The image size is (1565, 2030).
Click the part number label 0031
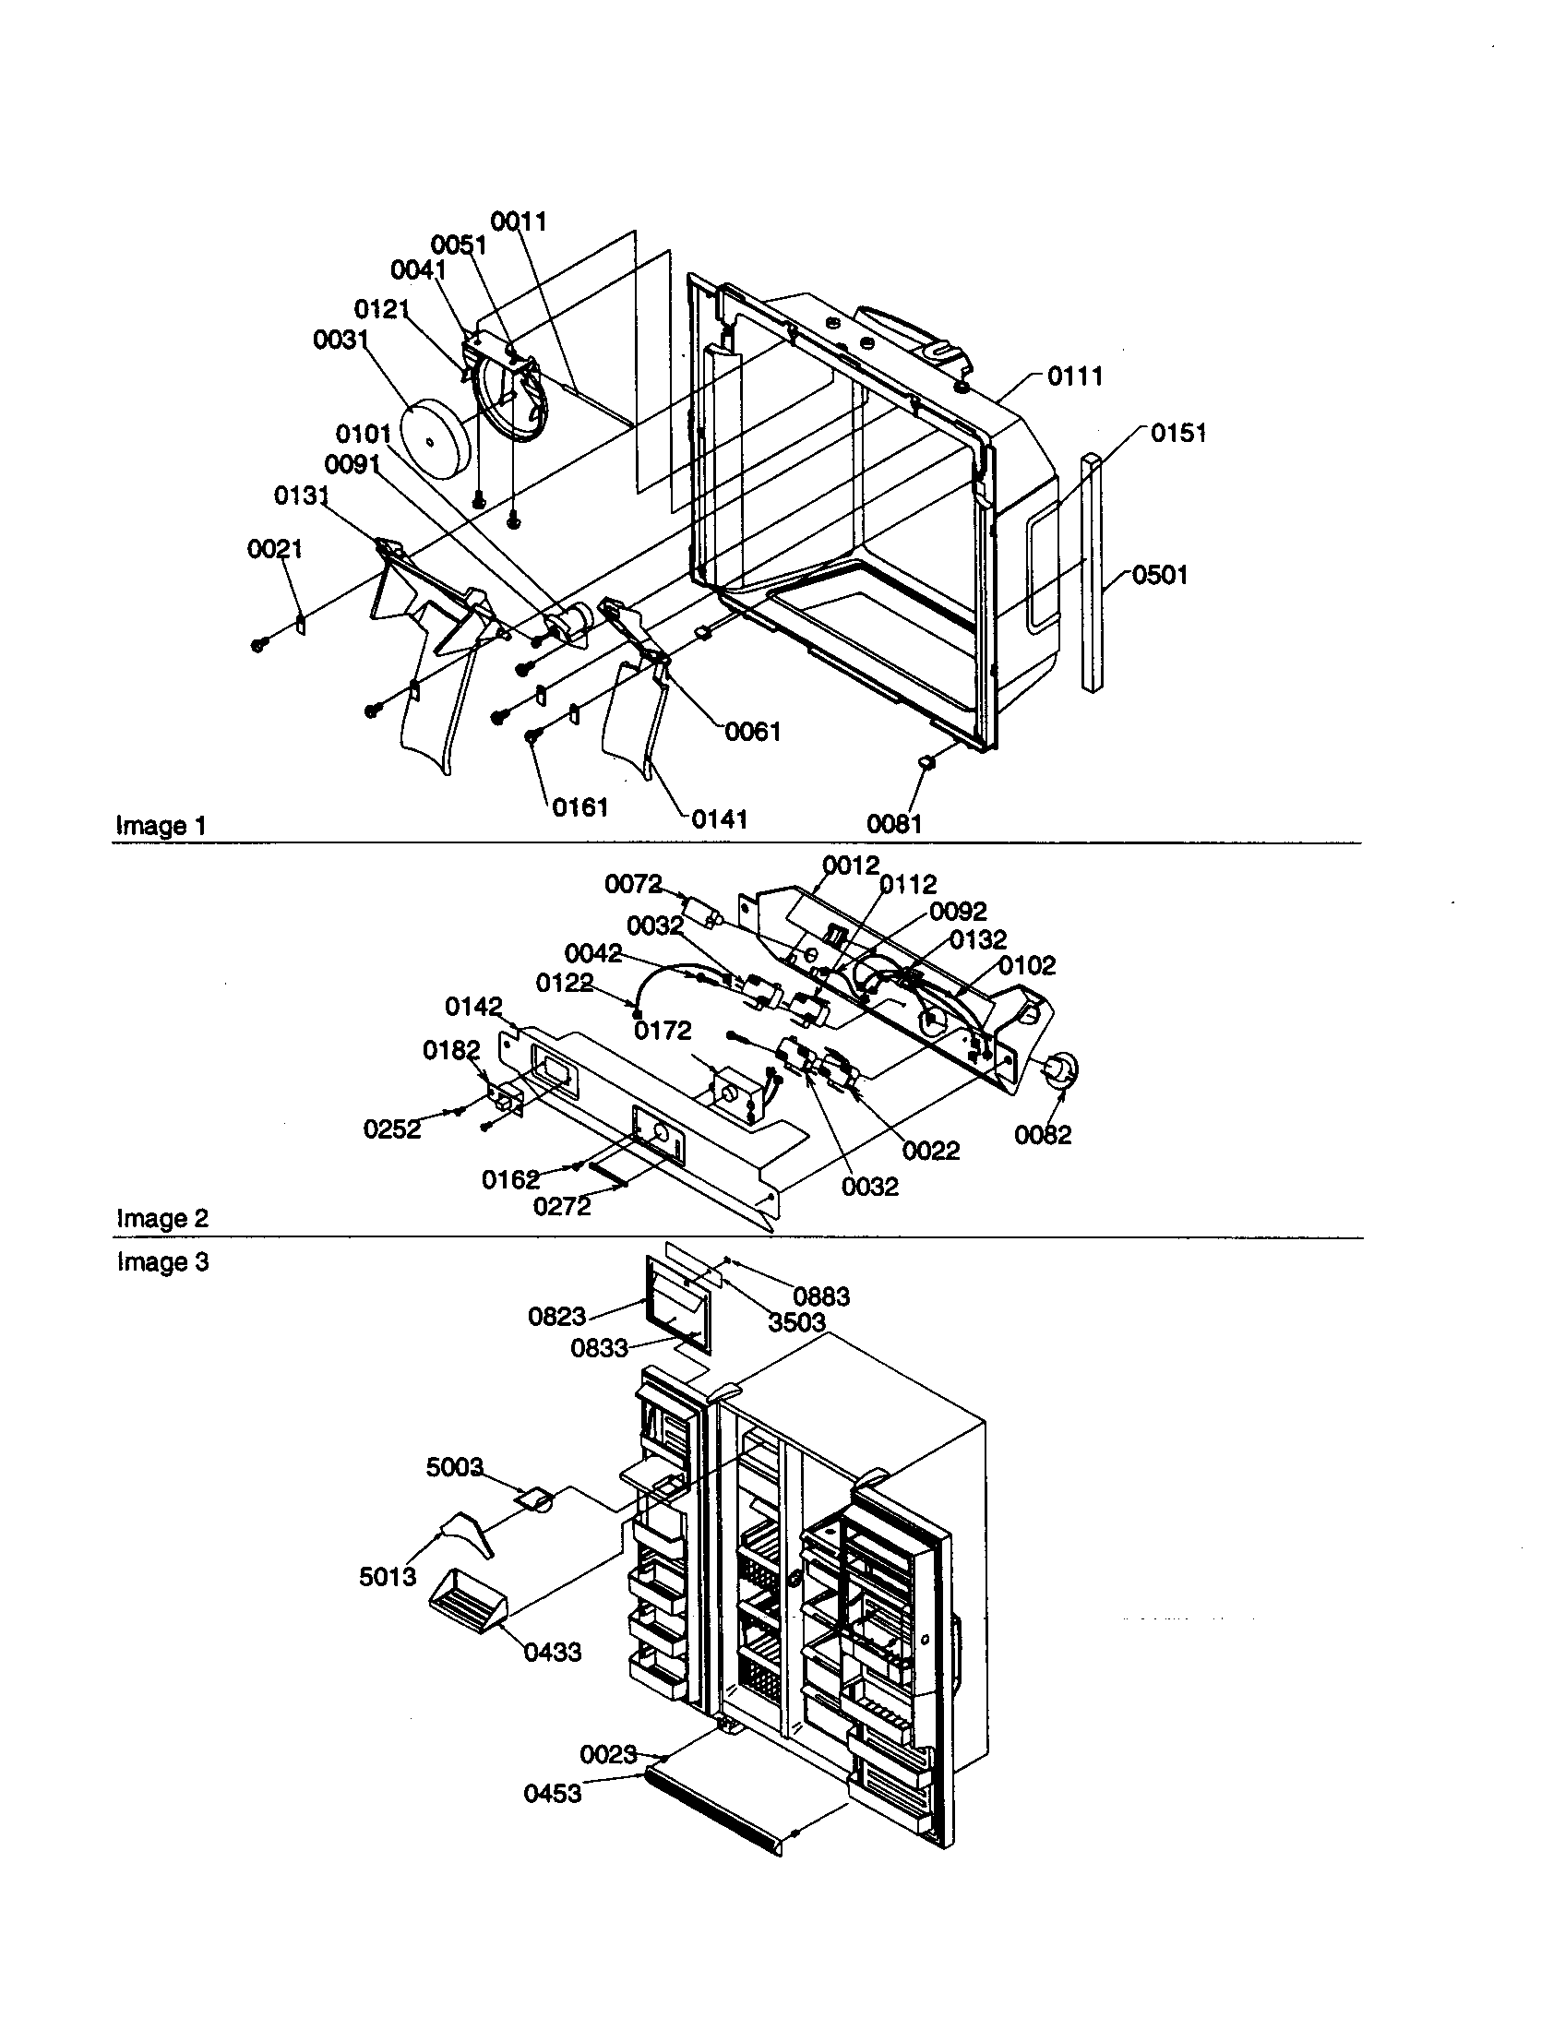point(340,340)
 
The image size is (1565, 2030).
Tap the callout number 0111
point(1075,376)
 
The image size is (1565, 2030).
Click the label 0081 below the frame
point(894,823)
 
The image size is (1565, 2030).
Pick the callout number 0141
point(720,818)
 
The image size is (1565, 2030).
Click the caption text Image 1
point(161,826)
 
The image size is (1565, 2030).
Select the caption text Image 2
point(162,1218)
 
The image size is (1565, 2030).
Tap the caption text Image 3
point(162,1262)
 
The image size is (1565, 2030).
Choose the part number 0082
point(1043,1135)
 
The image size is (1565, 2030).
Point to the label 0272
point(561,1207)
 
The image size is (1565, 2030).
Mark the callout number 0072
point(633,884)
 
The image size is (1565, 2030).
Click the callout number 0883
point(821,1296)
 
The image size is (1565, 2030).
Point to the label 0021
point(275,549)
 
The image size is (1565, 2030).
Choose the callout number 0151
point(1178,433)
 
